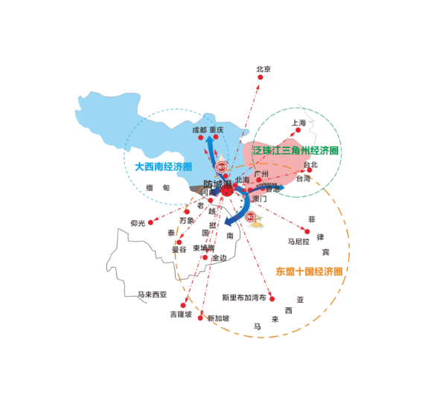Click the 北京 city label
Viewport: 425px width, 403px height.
pos(263,69)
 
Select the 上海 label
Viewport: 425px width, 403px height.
pos(298,123)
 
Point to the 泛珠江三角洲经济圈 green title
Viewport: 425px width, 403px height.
pos(296,151)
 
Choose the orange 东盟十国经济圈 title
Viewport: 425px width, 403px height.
pos(308,272)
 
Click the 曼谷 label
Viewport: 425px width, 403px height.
pos(179,251)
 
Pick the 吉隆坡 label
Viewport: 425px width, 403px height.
pos(181,315)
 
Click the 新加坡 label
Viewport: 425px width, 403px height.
pos(218,318)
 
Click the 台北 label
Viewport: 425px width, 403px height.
pos(309,164)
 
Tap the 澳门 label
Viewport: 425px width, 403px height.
pos(259,199)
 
